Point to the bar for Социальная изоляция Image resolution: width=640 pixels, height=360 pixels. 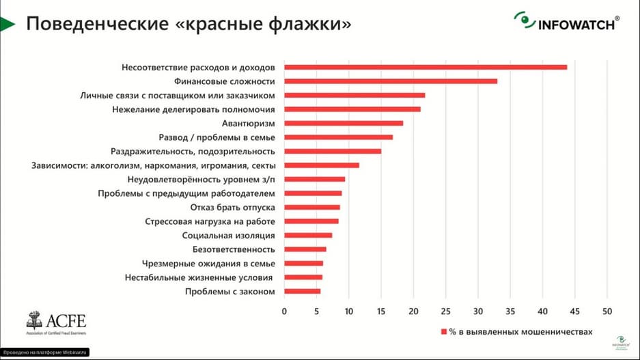coord(308,236)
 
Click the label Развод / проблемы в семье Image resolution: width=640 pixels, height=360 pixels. coord(217,137)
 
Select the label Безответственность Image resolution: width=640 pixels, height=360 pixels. coord(234,249)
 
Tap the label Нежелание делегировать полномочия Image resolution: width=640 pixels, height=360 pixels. coord(193,109)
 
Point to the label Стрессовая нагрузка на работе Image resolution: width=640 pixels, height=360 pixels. coord(210,221)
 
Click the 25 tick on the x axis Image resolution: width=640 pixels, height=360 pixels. coord(445,311)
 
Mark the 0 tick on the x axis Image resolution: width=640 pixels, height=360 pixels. coord(284,311)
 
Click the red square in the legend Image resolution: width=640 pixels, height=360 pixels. coord(443,331)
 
